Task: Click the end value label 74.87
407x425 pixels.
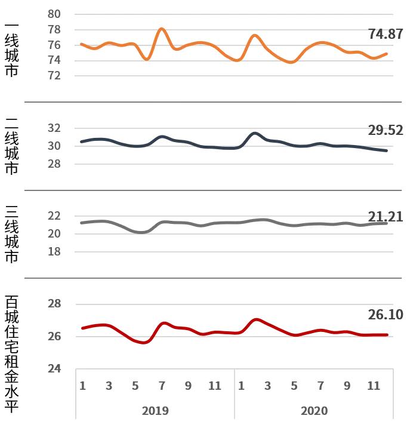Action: click(386, 34)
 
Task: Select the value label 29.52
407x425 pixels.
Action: click(386, 130)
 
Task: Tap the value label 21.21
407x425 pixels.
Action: click(386, 217)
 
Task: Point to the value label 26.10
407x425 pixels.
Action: click(386, 315)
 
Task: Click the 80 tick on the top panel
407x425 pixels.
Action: click(54, 14)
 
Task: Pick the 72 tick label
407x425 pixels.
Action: click(54, 76)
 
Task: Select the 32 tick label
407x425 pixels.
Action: click(54, 128)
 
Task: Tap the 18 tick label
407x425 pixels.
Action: click(54, 252)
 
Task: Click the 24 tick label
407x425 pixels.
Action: click(54, 369)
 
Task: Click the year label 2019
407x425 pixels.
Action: click(155, 411)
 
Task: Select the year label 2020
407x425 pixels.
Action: click(314, 411)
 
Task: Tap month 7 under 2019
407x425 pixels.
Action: click(162, 386)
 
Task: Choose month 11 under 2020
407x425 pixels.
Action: click(374, 386)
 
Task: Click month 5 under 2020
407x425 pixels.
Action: click(294, 386)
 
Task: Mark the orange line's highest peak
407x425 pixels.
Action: click(162, 29)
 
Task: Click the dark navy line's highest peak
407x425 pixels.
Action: click(255, 133)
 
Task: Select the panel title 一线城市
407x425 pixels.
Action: click(11, 50)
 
